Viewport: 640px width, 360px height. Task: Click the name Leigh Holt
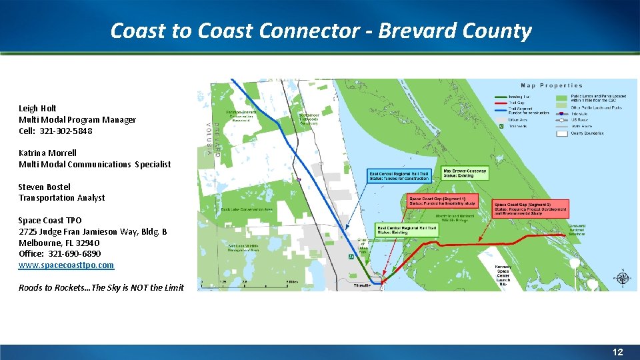click(x=37, y=108)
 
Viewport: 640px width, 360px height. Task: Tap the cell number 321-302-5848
click(x=65, y=131)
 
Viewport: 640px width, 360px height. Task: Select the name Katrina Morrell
click(x=48, y=153)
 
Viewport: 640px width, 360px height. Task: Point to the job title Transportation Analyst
click(x=61, y=197)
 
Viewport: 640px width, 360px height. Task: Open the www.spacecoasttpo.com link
click(x=66, y=265)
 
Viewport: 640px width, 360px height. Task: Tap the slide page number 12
click(x=618, y=352)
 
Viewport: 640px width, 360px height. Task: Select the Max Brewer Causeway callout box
click(x=465, y=173)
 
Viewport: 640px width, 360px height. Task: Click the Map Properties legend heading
click(x=551, y=85)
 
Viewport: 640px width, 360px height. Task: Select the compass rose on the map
click(x=622, y=278)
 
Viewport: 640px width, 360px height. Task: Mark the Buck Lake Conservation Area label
click(x=247, y=209)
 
